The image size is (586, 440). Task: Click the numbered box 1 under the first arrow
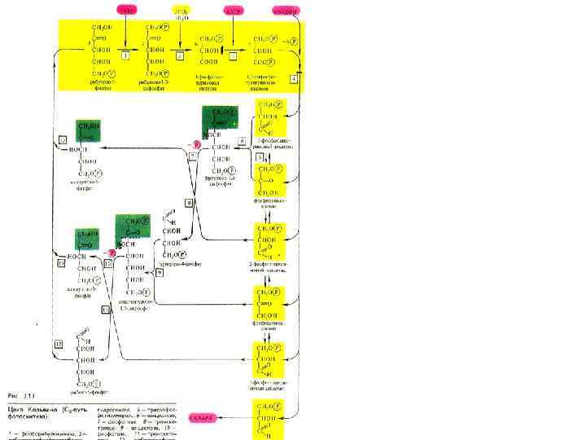tap(125, 55)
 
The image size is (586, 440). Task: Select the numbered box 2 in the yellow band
tap(180, 55)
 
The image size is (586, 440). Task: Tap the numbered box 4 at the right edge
tap(294, 77)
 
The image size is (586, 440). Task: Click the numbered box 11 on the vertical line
tap(104, 310)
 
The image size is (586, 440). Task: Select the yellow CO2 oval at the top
tap(181, 11)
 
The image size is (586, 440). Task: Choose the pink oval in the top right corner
tap(285, 11)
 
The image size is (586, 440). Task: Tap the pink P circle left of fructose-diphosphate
tap(195, 143)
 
